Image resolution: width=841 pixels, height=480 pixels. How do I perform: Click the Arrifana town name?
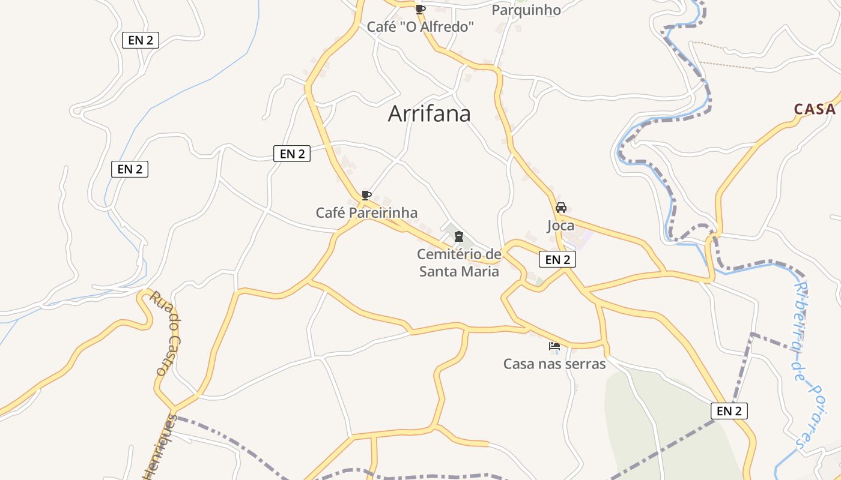(429, 113)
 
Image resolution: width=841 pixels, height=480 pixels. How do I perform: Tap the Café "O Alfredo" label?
(421, 27)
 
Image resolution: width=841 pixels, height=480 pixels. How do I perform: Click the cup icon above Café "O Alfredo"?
(421, 9)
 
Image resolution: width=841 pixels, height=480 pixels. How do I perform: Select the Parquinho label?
(526, 10)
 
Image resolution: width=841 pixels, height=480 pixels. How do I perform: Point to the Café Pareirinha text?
(366, 213)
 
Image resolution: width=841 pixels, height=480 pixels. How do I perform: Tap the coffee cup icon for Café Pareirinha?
(366, 195)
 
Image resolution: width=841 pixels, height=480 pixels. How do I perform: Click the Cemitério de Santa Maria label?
(459, 263)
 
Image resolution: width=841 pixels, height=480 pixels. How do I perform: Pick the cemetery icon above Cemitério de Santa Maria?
(459, 236)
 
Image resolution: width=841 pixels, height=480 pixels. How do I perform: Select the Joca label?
(560, 226)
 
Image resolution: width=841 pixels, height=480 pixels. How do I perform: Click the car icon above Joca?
(561, 208)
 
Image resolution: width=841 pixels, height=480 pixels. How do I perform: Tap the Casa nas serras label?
(554, 364)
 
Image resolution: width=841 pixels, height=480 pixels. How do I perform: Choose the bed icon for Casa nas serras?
(554, 346)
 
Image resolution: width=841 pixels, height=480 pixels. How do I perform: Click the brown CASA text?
(815, 109)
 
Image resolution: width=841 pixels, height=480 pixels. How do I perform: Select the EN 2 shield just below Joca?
(557, 259)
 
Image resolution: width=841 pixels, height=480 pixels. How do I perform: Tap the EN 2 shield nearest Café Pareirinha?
(292, 154)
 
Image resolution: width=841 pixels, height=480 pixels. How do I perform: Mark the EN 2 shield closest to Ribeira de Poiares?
(729, 411)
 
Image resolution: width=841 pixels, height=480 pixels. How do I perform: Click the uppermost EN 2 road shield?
(141, 40)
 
